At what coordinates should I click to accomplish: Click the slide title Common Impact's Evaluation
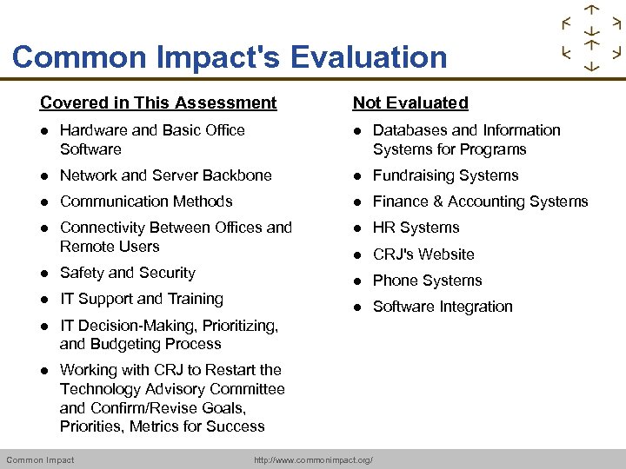(230, 57)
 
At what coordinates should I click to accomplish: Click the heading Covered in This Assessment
(158, 102)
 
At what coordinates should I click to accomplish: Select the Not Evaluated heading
(410, 102)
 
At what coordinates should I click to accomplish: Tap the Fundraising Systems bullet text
(445, 175)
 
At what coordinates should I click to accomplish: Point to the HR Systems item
(416, 228)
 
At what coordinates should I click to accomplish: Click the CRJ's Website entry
(423, 254)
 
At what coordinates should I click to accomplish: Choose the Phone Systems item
(427, 281)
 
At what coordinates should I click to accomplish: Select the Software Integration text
(443, 307)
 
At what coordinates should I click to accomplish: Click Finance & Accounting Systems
(480, 201)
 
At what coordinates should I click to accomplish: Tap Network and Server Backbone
(165, 175)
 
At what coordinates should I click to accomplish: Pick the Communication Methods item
(146, 201)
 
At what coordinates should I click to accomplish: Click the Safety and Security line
(127, 273)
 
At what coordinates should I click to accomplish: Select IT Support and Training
(141, 299)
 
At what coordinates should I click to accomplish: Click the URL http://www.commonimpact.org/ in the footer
(313, 459)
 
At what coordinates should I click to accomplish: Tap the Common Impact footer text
(40, 459)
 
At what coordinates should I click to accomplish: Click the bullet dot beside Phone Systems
(357, 281)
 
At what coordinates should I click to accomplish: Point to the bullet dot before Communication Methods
(44, 201)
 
